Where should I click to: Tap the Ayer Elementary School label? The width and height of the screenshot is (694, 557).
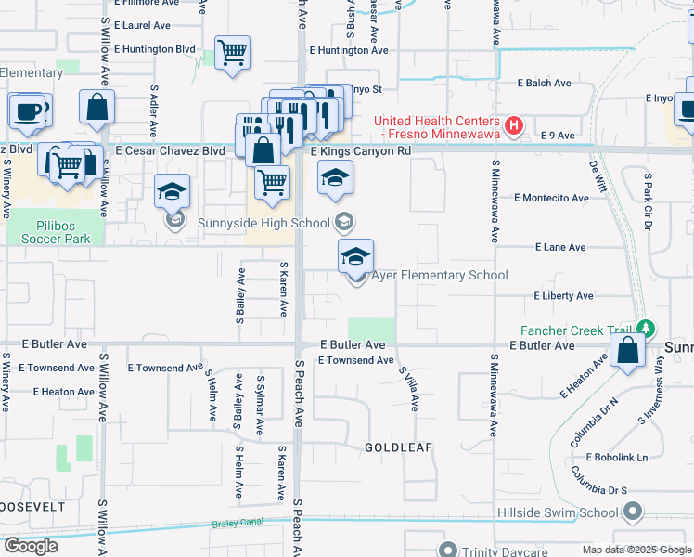coord(439,276)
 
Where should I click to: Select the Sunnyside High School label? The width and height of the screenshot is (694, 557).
coord(263,222)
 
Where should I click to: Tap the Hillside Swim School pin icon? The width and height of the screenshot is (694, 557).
coord(633,512)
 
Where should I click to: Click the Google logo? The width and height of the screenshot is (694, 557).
coord(31,546)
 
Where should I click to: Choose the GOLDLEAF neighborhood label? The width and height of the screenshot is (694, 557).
coord(400,447)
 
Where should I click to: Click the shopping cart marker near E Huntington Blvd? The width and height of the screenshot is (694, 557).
coord(232,51)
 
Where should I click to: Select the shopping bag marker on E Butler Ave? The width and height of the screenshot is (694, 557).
coord(628,352)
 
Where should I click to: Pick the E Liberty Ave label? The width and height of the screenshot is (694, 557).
coord(563,296)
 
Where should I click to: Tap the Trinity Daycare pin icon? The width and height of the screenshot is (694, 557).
coord(449,550)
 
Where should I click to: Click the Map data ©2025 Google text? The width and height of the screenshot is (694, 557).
coord(636,550)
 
